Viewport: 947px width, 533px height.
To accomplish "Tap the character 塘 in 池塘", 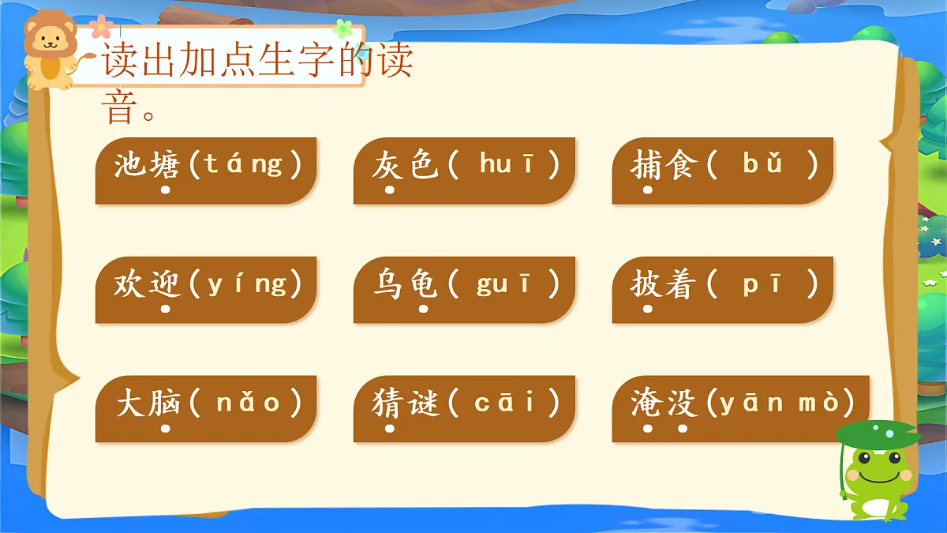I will [x=165, y=164].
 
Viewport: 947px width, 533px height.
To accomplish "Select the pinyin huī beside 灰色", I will [x=506, y=164].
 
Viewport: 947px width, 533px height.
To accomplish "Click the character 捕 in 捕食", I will [x=647, y=164].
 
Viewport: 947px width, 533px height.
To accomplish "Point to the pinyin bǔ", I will [x=762, y=164].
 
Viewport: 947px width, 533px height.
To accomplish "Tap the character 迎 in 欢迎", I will [x=165, y=283].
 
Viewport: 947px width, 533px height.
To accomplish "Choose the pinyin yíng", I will [x=246, y=283].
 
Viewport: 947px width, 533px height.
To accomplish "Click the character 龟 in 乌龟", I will [x=423, y=283].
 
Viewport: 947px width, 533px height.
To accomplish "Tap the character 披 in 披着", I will [x=647, y=283].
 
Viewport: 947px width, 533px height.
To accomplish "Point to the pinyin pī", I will [x=762, y=283].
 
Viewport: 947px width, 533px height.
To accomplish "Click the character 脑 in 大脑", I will [x=165, y=403].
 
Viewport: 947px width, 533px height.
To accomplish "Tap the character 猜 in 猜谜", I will [x=389, y=403].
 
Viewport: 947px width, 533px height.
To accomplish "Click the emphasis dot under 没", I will [x=683, y=429].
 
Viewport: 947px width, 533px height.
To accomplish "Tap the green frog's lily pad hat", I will [x=876, y=433].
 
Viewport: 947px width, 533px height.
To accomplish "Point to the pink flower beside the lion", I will [x=100, y=28].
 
